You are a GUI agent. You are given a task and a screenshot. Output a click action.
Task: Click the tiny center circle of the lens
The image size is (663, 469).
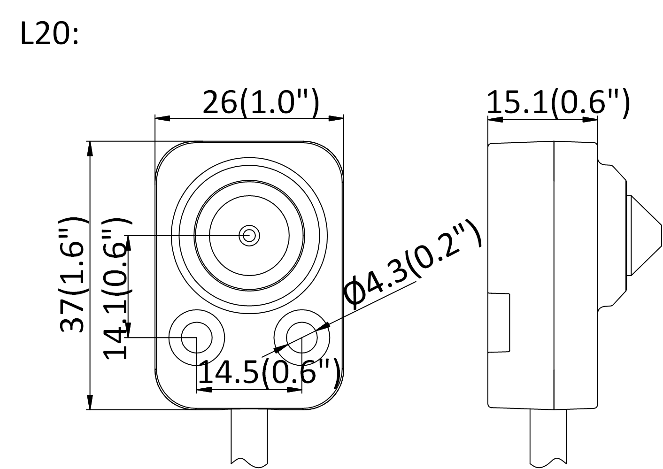[248, 235]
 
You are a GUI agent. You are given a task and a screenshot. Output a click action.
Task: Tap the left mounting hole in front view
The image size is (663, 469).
[197, 337]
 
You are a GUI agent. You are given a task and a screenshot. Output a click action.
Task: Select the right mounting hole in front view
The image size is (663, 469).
[301, 337]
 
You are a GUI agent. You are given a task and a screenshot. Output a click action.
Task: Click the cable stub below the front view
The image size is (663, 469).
[249, 437]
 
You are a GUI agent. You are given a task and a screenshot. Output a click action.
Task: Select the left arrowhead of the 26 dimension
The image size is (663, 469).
[162, 118]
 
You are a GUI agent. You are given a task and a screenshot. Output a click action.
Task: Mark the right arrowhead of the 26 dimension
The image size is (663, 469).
[336, 118]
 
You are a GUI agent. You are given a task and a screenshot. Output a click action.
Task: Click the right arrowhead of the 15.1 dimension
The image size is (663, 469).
[590, 119]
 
